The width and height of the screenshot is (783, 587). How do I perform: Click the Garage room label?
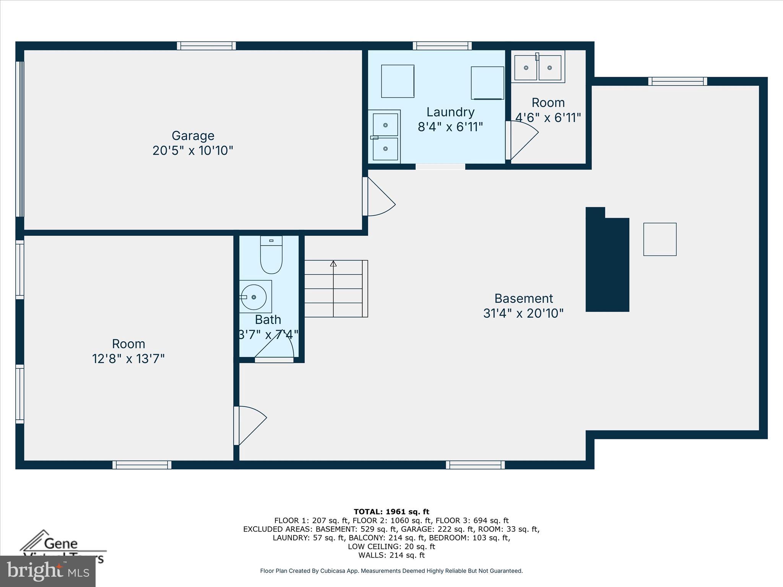coord(193,136)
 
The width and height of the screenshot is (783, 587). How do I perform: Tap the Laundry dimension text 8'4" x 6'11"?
coord(450,127)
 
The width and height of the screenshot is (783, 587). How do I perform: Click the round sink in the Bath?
coord(254,297)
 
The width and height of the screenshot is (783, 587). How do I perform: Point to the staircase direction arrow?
coord(333,264)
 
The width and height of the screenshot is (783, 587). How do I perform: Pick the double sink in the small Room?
coord(538,67)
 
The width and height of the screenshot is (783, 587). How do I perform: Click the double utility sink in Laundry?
coord(385,137)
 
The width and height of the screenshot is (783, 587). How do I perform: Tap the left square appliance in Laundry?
coord(398,81)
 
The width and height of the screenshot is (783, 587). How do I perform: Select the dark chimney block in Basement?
coord(607,264)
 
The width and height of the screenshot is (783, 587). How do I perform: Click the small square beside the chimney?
coord(660,239)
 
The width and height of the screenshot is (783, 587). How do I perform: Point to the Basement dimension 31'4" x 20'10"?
coord(523,313)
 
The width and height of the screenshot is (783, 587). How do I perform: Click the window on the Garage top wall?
coord(206,46)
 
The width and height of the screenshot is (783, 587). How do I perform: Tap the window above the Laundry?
coord(442,46)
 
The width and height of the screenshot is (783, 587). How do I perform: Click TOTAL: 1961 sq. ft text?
coord(391,512)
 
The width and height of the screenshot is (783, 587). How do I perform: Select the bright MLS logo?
coord(47,571)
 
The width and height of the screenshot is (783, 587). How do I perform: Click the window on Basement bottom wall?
coord(475,465)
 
